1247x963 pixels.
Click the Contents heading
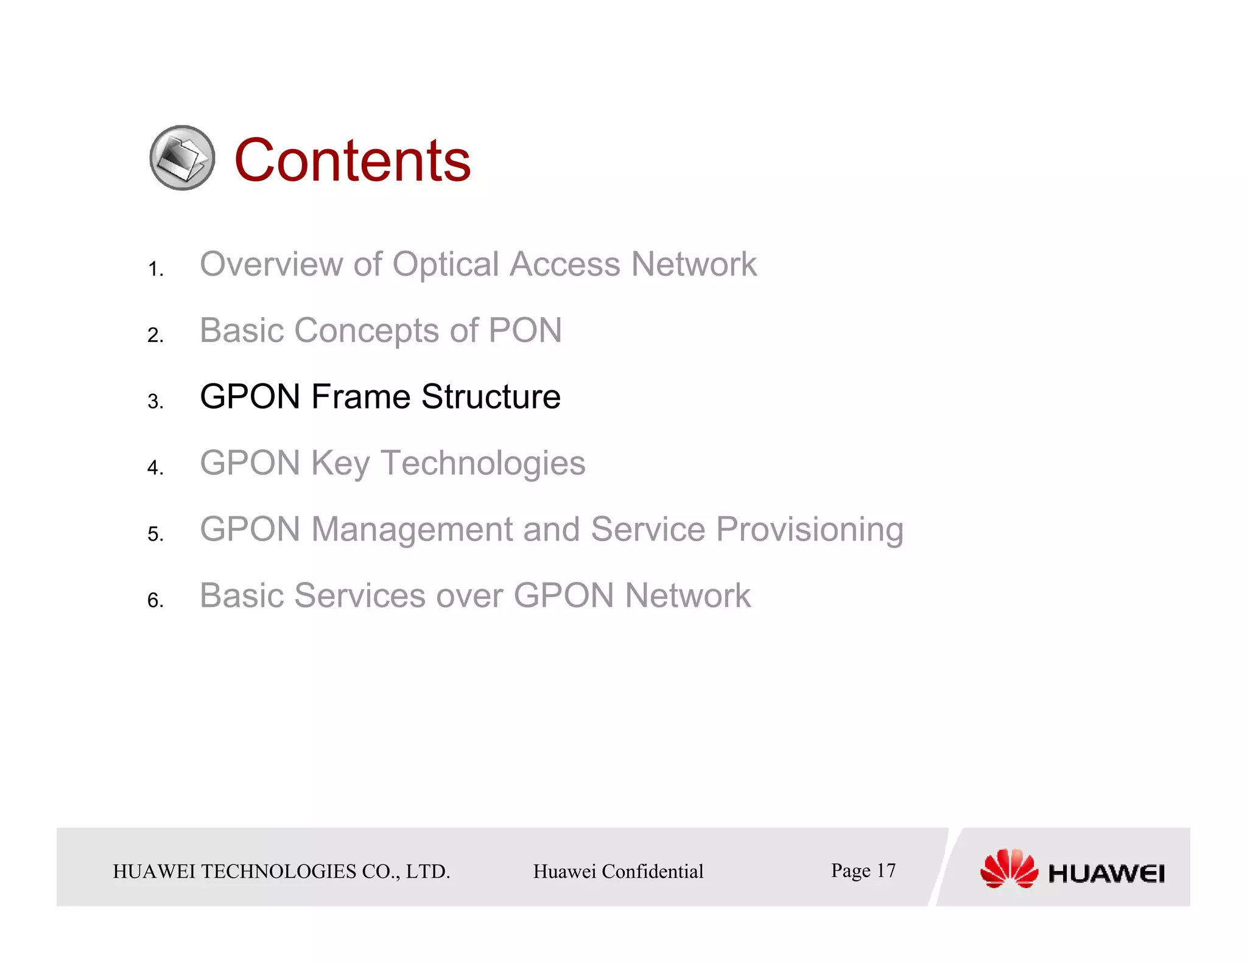click(x=352, y=160)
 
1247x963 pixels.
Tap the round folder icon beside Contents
click(x=182, y=158)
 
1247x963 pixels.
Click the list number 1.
click(x=155, y=269)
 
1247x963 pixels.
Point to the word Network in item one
click(x=694, y=264)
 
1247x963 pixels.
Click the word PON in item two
click(x=525, y=331)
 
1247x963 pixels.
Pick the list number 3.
click(x=155, y=402)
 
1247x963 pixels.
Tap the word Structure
click(x=491, y=397)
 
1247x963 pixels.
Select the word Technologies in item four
click(x=483, y=463)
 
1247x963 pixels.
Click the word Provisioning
click(x=809, y=529)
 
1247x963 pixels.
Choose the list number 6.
click(x=155, y=600)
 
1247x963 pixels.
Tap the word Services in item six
click(x=360, y=595)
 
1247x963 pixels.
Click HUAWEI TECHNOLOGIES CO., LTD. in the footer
click(x=281, y=871)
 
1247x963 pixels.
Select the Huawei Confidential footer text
click(x=618, y=871)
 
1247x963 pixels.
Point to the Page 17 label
click(x=863, y=870)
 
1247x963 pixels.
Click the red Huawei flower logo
click(x=1008, y=869)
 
